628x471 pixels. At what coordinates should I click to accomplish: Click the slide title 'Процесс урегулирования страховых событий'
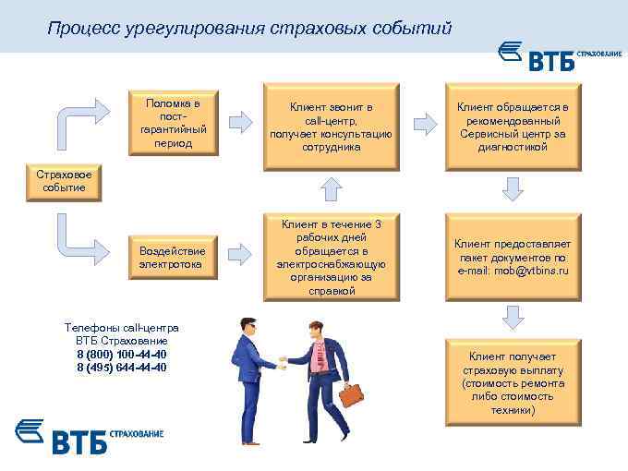click(x=249, y=30)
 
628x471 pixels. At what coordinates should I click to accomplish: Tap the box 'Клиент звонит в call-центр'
click(x=331, y=123)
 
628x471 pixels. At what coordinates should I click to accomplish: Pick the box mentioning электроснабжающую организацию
click(x=331, y=257)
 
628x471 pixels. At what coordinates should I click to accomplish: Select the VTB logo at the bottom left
click(x=89, y=436)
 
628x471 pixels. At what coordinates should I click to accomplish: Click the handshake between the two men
click(x=282, y=363)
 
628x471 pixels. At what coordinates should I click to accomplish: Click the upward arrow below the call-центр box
click(x=330, y=188)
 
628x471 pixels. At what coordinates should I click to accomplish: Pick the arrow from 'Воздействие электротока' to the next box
click(x=240, y=251)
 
